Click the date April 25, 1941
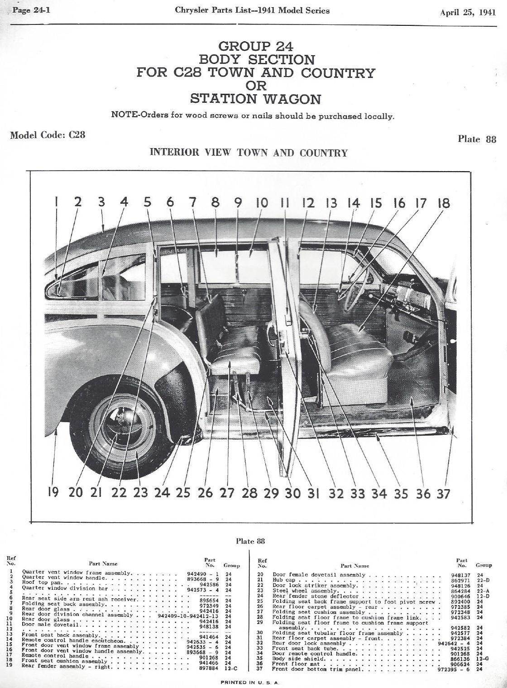(468, 12)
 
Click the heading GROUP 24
(256, 46)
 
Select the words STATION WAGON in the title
(256, 99)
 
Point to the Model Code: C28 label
(48, 135)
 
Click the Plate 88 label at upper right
(477, 139)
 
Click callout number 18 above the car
(443, 203)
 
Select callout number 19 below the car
(53, 492)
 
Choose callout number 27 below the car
(227, 492)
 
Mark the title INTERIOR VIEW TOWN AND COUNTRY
(249, 153)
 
